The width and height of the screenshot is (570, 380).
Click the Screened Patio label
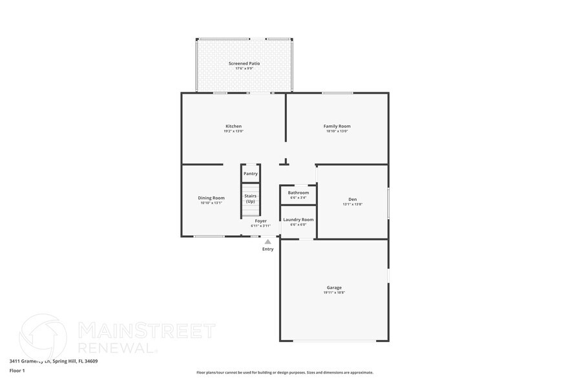click(x=244, y=63)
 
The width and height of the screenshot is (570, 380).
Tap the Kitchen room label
click(x=233, y=126)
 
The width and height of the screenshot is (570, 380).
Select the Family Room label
click(x=337, y=126)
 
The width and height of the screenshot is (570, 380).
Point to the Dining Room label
click(x=211, y=198)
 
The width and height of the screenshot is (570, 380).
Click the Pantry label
click(x=250, y=173)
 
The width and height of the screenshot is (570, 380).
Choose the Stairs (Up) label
click(x=250, y=198)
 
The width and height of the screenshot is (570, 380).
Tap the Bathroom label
click(x=298, y=193)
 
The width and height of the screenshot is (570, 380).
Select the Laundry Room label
click(x=298, y=220)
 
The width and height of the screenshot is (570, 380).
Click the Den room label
click(x=352, y=199)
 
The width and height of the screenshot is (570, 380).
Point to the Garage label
click(x=333, y=288)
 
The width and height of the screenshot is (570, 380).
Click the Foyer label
click(x=260, y=221)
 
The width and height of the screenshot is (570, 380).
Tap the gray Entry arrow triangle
click(x=268, y=242)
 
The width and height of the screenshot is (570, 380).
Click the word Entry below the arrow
click(x=268, y=249)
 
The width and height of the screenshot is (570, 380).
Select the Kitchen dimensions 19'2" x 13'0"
click(x=233, y=131)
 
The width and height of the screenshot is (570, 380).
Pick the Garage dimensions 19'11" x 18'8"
click(x=333, y=293)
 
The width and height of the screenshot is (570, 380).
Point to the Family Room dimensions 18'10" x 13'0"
click(x=337, y=131)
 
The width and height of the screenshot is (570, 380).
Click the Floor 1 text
click(x=17, y=370)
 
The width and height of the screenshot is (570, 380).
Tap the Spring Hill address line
click(x=48, y=361)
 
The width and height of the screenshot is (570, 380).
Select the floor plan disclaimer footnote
click(x=284, y=372)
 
